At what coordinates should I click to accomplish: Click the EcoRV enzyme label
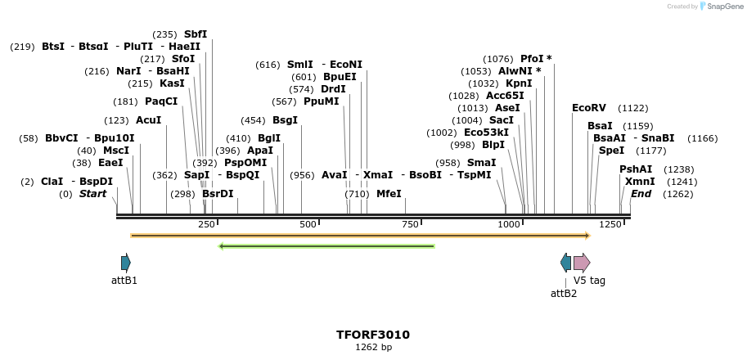click(x=588, y=108)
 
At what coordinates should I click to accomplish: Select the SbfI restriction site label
click(x=196, y=34)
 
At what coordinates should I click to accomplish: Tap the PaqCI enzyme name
click(x=161, y=101)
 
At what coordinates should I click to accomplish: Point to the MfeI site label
click(x=389, y=194)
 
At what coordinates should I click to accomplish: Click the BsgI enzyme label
click(x=285, y=120)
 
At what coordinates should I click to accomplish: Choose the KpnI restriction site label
click(x=519, y=83)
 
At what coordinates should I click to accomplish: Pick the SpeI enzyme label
click(x=611, y=151)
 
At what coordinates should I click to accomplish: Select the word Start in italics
click(x=92, y=194)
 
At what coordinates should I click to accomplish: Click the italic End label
click(x=641, y=194)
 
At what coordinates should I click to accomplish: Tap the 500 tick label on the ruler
click(x=308, y=224)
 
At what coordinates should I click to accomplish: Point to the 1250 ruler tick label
click(x=610, y=224)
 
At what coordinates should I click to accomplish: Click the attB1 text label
click(x=124, y=281)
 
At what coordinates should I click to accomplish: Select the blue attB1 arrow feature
click(x=125, y=263)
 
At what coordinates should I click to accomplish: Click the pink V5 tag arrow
click(x=582, y=263)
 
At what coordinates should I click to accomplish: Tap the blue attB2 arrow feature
click(x=565, y=263)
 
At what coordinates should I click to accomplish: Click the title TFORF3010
click(x=373, y=335)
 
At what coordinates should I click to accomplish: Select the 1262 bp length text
click(x=373, y=347)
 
